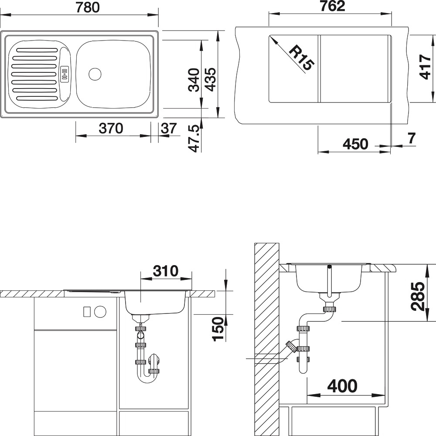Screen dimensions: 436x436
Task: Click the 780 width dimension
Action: [x=88, y=7]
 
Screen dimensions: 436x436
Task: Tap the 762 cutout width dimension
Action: [x=332, y=6]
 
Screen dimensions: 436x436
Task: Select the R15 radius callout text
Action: [x=301, y=58]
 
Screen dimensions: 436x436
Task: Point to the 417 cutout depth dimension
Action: [x=425, y=67]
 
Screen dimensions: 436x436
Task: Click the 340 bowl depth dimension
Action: [x=194, y=80]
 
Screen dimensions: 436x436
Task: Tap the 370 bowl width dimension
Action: [x=111, y=129]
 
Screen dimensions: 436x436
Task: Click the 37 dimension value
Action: [x=169, y=129]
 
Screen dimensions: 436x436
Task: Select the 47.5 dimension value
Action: [x=194, y=139]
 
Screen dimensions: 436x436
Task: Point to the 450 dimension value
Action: [x=355, y=144]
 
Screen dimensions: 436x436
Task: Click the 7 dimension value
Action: [x=412, y=138]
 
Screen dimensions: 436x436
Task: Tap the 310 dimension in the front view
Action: [x=165, y=271]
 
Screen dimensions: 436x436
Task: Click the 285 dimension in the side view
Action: [x=419, y=296]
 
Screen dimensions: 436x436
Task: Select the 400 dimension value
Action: [x=342, y=386]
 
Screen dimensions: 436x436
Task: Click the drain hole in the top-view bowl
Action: [x=95, y=74]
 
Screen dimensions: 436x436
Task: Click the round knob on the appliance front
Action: [x=100, y=311]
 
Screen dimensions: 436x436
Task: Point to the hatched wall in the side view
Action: [x=267, y=339]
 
